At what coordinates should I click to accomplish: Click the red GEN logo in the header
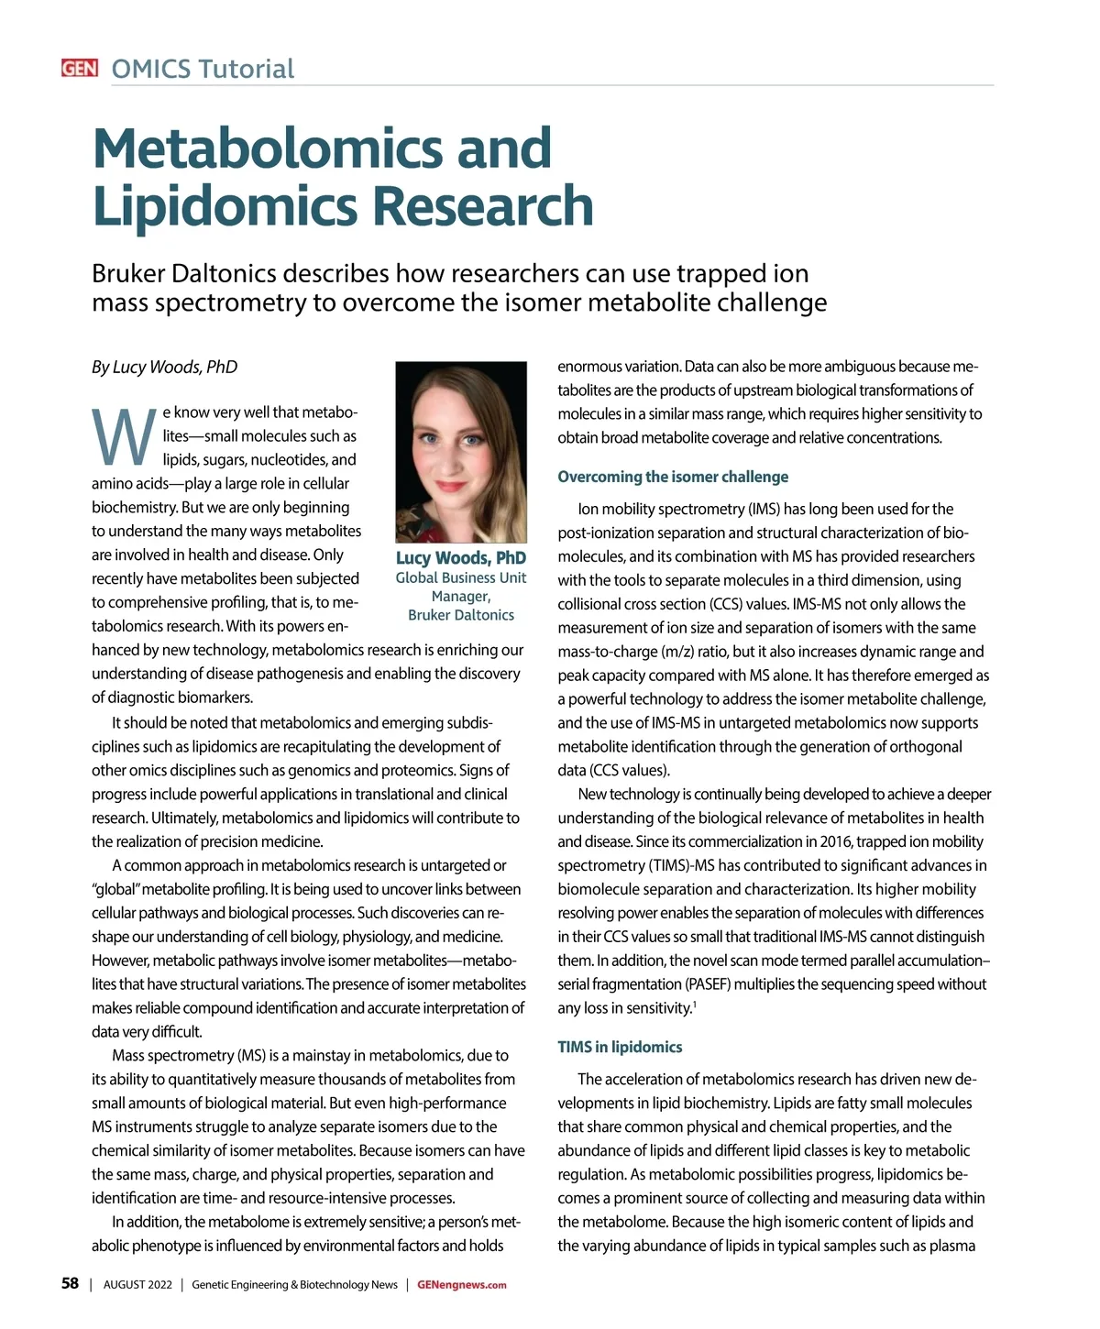80,69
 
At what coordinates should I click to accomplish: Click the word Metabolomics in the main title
322,148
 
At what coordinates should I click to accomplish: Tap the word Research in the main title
483,206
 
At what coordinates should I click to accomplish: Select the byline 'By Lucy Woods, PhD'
164,368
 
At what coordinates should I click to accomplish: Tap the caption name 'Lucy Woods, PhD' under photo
460,558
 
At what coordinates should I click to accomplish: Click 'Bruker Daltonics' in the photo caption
460,615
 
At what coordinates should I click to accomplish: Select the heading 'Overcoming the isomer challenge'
672,477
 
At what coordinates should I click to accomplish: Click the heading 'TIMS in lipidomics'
620,1047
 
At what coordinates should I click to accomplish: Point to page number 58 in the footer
70,1284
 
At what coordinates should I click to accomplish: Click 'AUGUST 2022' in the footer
137,1285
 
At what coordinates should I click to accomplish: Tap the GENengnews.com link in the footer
461,1285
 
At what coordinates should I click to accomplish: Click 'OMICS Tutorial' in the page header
203,69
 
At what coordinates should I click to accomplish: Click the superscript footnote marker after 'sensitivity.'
695,1004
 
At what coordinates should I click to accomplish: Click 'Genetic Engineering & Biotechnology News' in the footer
294,1285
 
